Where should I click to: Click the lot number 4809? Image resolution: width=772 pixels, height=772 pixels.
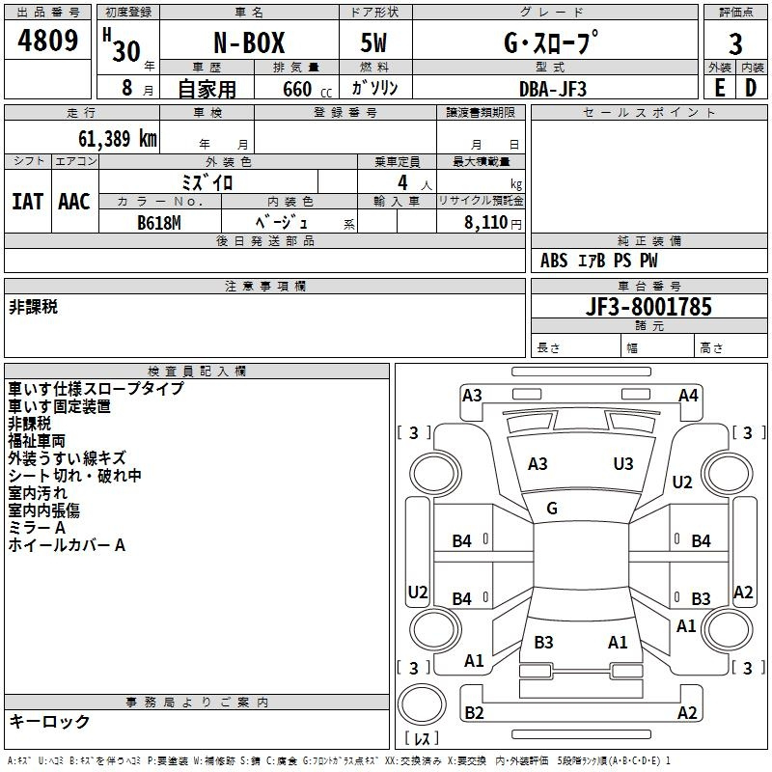click(x=47, y=41)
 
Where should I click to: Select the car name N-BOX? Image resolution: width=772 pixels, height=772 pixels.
click(x=249, y=42)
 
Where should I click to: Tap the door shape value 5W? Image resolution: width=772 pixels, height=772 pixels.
click(x=373, y=42)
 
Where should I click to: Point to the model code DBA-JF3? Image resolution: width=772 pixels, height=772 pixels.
click(x=552, y=89)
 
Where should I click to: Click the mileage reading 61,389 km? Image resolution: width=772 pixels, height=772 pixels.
click(x=118, y=139)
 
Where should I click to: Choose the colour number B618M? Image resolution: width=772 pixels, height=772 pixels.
click(x=159, y=223)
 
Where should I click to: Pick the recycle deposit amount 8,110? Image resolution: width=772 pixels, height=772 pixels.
click(x=486, y=223)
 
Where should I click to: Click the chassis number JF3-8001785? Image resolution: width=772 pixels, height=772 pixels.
click(x=648, y=307)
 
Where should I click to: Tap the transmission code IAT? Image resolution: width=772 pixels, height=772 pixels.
click(x=27, y=202)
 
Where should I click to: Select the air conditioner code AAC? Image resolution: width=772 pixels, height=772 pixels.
click(x=74, y=202)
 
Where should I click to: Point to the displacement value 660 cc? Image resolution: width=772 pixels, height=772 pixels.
click(x=307, y=90)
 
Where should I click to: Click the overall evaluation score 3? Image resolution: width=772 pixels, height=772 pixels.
click(x=735, y=44)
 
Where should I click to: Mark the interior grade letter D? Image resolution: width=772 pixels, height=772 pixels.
click(x=751, y=88)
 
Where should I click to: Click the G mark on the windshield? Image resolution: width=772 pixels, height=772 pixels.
click(x=552, y=509)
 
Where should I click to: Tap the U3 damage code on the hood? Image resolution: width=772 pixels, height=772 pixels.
click(x=623, y=464)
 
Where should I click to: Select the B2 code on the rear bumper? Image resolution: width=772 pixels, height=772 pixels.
click(x=474, y=712)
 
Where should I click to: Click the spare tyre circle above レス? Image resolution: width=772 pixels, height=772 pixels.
click(x=422, y=704)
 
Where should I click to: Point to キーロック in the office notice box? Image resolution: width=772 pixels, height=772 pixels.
click(x=49, y=722)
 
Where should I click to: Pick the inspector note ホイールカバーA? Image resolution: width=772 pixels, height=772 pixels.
click(x=67, y=545)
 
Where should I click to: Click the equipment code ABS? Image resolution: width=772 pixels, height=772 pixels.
click(x=554, y=261)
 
